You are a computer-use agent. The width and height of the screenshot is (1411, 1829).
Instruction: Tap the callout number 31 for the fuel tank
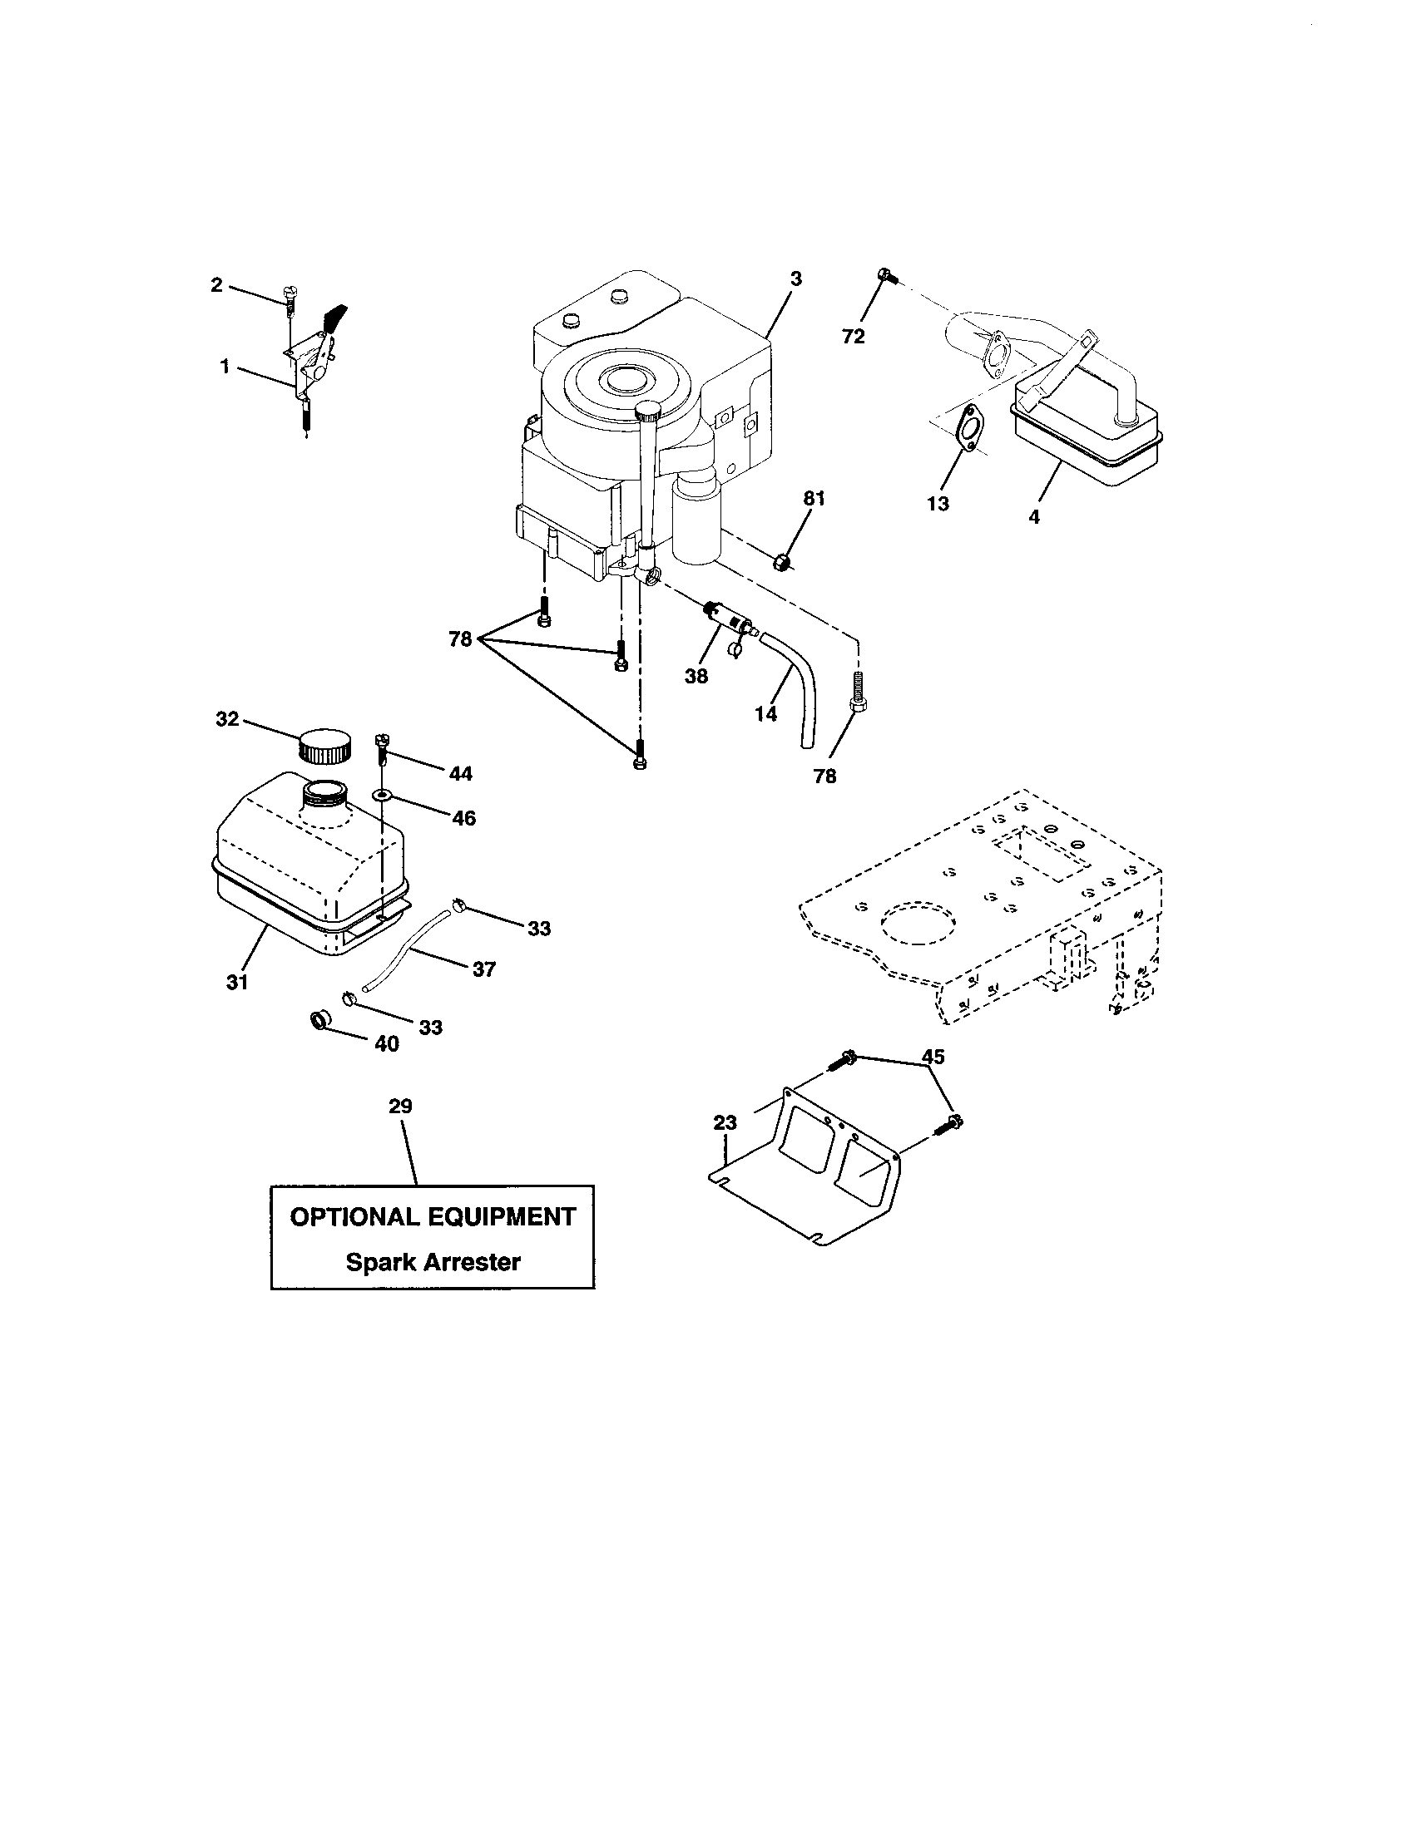pyautogui.click(x=237, y=982)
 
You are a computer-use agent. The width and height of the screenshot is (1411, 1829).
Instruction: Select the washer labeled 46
pyautogui.click(x=383, y=793)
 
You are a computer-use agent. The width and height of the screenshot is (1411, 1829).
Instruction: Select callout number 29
pyautogui.click(x=400, y=1106)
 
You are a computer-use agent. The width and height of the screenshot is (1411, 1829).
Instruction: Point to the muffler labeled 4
pyautogui.click(x=1089, y=440)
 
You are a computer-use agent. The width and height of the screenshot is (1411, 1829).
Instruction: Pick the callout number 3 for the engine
pyautogui.click(x=795, y=279)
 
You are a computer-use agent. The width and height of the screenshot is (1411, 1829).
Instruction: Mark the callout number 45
pyautogui.click(x=933, y=1057)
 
